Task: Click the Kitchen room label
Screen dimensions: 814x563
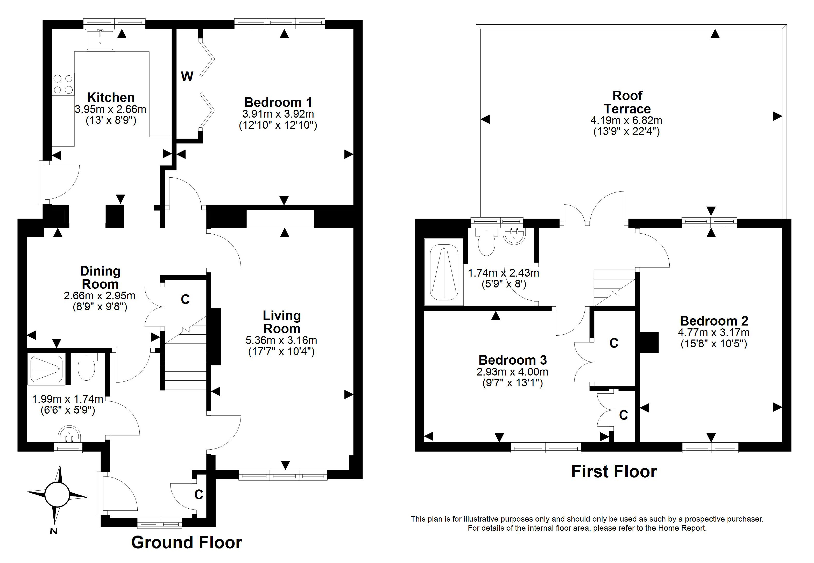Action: (111, 97)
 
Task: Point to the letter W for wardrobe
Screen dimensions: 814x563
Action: (187, 76)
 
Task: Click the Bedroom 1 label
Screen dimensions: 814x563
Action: (278, 102)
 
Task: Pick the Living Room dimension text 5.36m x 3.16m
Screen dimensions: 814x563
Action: (281, 340)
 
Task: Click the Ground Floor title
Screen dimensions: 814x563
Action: (187, 542)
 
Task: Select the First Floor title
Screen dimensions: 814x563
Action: (614, 472)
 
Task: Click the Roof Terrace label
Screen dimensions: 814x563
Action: (627, 102)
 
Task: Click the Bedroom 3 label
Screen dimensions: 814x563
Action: (513, 360)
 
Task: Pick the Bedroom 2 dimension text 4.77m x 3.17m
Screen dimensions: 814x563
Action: (713, 332)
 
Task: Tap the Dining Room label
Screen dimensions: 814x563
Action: (100, 277)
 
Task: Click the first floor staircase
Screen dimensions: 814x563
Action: (614, 287)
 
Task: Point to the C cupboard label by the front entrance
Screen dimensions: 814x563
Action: (199, 495)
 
